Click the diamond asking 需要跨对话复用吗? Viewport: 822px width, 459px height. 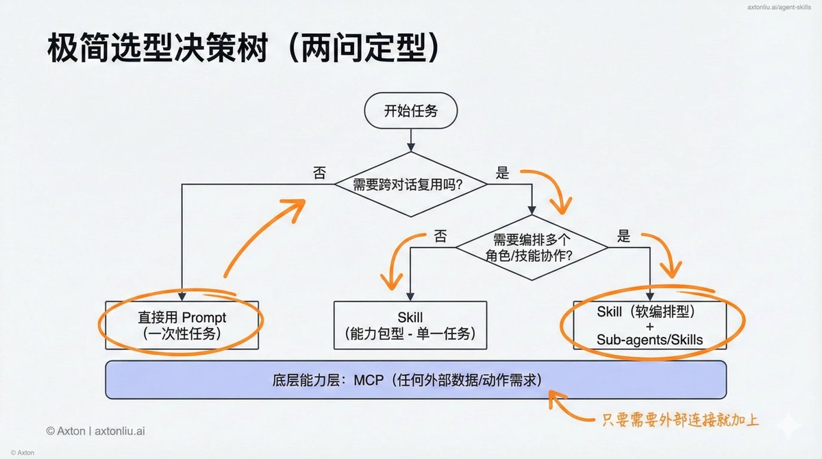click(x=410, y=184)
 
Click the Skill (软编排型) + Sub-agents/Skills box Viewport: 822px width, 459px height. click(x=649, y=324)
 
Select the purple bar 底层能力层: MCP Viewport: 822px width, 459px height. click(x=415, y=380)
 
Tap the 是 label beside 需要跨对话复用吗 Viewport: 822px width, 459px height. click(x=502, y=173)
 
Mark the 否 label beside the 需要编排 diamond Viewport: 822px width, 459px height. click(x=440, y=237)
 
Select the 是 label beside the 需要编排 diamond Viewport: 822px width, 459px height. click(x=623, y=236)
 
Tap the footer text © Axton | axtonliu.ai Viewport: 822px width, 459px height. click(x=95, y=431)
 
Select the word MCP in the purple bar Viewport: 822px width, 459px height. click(x=369, y=380)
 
